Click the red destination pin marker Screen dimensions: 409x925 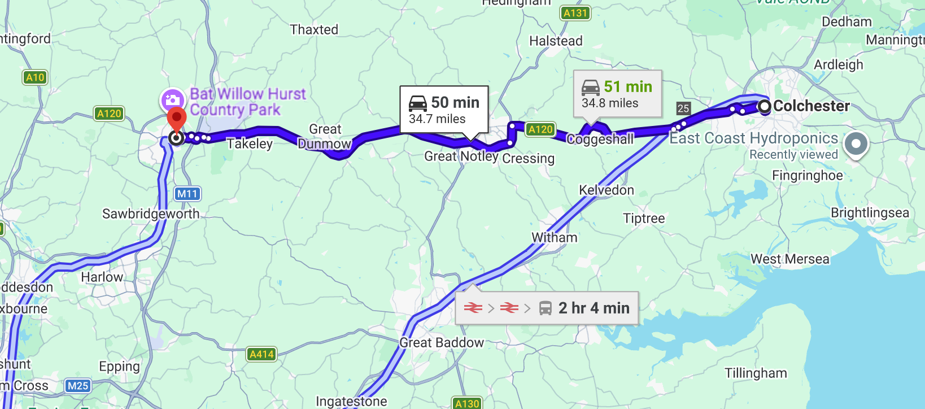coord(177,119)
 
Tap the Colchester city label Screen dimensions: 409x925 coord(811,106)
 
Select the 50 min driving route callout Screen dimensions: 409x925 coord(444,110)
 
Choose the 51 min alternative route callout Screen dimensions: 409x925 coord(617,94)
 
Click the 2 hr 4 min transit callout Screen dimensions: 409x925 coord(547,308)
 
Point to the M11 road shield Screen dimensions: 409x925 coord(187,194)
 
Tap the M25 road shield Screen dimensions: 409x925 coord(78,386)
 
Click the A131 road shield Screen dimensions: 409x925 coord(575,13)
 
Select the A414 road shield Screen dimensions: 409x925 coord(261,354)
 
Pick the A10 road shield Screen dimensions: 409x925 coord(35,77)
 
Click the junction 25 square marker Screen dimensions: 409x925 coord(683,108)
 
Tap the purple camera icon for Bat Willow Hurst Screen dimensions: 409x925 coord(172,101)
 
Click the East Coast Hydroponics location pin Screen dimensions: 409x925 coord(856,144)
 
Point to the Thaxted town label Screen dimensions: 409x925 coord(314,29)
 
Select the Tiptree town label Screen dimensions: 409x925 coord(644,218)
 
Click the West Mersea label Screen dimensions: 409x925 coord(789,259)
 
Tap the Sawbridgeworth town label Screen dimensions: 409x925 coord(151,214)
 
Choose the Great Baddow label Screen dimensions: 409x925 coord(442,342)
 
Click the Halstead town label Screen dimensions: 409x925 coord(556,41)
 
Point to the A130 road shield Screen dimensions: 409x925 coord(467,403)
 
